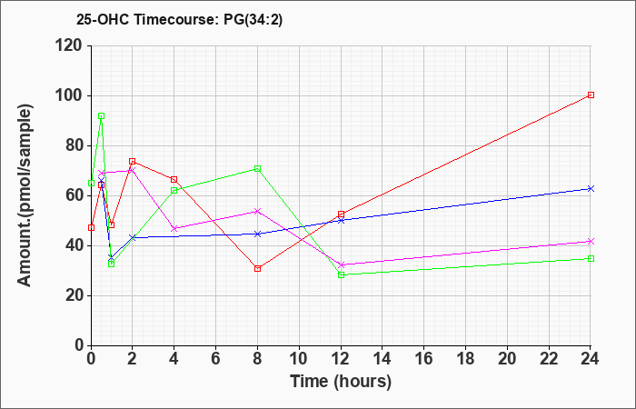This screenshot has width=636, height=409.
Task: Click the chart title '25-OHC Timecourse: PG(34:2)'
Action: [179, 19]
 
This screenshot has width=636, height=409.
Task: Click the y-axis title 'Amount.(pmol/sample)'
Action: [25, 195]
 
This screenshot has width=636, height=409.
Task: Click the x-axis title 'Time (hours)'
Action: [341, 382]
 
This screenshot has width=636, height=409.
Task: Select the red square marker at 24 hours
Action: [591, 95]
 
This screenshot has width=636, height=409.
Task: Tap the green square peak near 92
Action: [102, 116]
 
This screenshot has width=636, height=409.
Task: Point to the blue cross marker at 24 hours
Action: [591, 189]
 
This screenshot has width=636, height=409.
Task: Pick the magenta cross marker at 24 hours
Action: [591, 242]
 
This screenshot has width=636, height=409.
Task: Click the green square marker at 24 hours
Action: [591, 258]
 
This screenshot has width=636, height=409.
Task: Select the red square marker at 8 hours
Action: [257, 269]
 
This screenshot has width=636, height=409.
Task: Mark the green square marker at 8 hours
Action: [257, 169]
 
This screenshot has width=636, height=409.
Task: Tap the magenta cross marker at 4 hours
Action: [174, 228]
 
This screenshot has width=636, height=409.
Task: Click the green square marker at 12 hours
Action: [341, 274]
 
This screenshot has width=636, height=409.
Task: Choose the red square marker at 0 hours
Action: [91, 227]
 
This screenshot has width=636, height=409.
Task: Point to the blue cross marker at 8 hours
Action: [257, 234]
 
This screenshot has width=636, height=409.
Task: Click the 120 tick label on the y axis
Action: [71, 46]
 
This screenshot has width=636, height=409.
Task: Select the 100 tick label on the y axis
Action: [71, 96]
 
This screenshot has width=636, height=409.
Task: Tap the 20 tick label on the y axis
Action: [75, 295]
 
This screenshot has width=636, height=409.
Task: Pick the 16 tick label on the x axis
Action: [424, 359]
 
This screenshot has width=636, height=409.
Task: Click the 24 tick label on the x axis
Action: [591, 359]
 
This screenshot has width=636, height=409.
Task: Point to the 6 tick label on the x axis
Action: [216, 359]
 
